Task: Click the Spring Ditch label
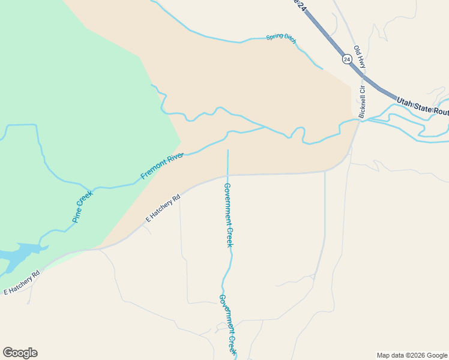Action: tap(281, 38)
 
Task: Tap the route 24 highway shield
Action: tap(347, 59)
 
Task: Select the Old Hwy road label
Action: tap(359, 56)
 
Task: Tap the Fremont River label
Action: tap(162, 166)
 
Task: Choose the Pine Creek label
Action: tap(83, 207)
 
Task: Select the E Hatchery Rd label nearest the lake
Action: tap(22, 283)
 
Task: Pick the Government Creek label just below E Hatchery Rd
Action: tap(228, 215)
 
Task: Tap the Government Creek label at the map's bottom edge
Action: tap(228, 324)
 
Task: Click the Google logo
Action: tap(20, 353)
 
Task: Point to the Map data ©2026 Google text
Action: tap(412, 355)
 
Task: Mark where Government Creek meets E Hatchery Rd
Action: tap(228, 175)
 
